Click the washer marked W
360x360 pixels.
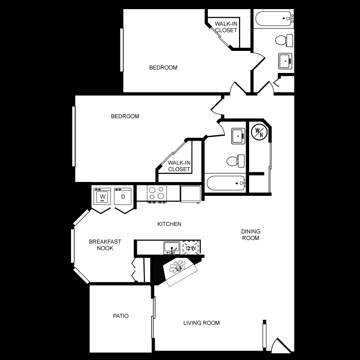(x=102, y=196)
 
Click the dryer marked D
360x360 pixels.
(x=123, y=196)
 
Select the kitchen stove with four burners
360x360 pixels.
(x=156, y=193)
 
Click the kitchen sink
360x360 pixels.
(x=171, y=248)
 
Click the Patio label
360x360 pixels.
(x=120, y=316)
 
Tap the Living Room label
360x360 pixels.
(x=202, y=323)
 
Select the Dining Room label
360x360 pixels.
(x=251, y=234)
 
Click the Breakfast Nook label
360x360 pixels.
(x=105, y=245)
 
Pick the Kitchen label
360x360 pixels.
(x=169, y=224)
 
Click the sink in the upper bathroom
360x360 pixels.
(x=286, y=61)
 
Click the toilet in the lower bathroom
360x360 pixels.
(x=236, y=160)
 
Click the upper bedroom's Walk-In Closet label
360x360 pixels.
(x=226, y=27)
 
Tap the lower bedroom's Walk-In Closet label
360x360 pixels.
(x=179, y=166)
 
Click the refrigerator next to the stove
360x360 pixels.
(x=191, y=193)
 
